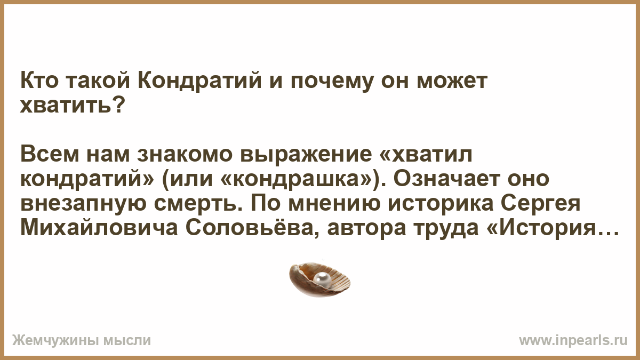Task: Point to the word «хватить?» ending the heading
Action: tap(73, 105)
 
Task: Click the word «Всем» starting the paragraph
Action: tap(50, 155)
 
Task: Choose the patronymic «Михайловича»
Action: tap(99, 228)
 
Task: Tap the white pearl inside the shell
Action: tap(322, 278)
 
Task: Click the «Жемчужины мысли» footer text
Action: tap(82, 340)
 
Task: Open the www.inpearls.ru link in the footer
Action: tap(573, 340)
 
